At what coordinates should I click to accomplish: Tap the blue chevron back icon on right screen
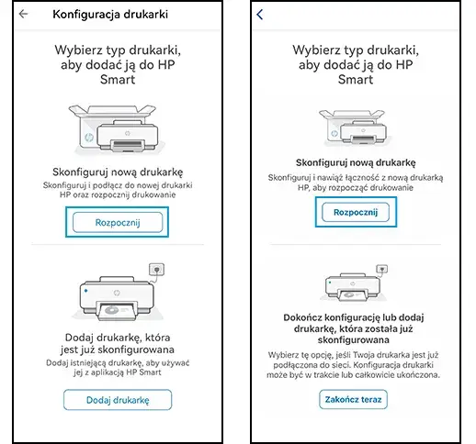[x=260, y=15]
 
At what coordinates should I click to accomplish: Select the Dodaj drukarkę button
[x=117, y=400]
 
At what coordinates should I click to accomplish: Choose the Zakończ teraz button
[x=354, y=400]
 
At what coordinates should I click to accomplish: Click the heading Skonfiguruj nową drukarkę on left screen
[x=117, y=172]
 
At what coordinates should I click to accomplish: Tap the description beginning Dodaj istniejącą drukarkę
[x=117, y=368]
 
